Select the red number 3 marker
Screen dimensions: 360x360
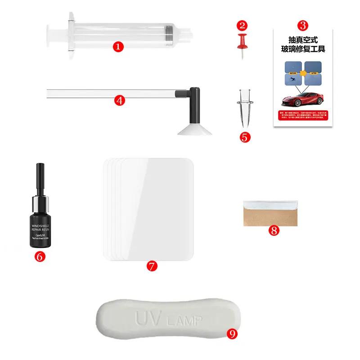pyautogui.click(x=304, y=25)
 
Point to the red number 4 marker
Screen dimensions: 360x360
pyautogui.click(x=119, y=100)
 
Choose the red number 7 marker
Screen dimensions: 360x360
pyautogui.click(x=152, y=265)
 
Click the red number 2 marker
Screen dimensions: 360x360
pyautogui.click(x=243, y=25)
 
